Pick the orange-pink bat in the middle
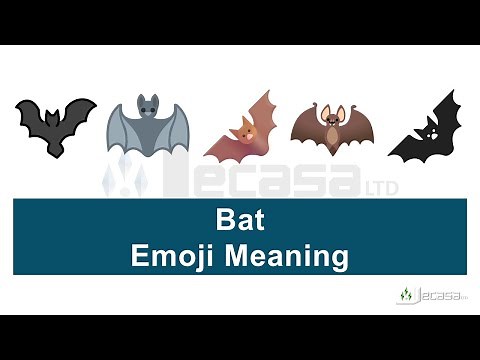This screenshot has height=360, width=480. (x=242, y=128)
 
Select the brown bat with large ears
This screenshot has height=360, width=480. (x=331, y=126)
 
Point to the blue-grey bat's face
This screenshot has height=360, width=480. (x=148, y=109)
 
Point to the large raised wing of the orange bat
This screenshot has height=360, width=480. (x=263, y=112)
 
